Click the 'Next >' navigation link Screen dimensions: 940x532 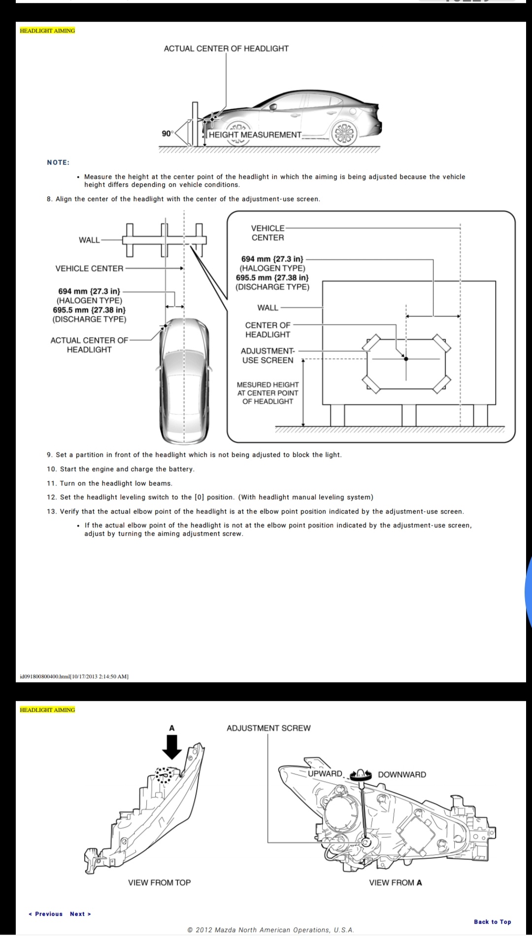pyautogui.click(x=80, y=914)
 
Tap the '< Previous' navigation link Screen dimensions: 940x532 pyautogui.click(x=46, y=914)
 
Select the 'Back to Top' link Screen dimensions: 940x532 pyautogui.click(x=492, y=922)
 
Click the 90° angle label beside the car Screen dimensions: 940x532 pyautogui.click(x=167, y=134)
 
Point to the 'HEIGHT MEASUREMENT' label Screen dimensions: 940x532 pyautogui.click(x=255, y=135)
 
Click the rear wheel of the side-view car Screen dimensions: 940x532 pyautogui.click(x=344, y=134)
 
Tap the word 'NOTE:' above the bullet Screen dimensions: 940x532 pyautogui.click(x=58, y=163)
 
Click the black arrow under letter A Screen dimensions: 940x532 pyautogui.click(x=172, y=747)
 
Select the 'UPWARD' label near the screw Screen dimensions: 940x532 pyautogui.click(x=325, y=773)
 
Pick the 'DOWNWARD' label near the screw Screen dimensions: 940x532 pyautogui.click(x=402, y=774)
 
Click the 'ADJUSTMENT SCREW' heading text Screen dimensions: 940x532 pyautogui.click(x=268, y=728)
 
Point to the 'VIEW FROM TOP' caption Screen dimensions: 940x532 pyautogui.click(x=159, y=882)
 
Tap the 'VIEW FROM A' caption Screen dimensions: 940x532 pyautogui.click(x=395, y=882)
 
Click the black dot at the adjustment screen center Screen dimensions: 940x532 pyautogui.click(x=406, y=359)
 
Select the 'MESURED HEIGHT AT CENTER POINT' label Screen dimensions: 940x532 pyautogui.click(x=267, y=393)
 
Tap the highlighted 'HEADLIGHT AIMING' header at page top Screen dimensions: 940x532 pyautogui.click(x=47, y=31)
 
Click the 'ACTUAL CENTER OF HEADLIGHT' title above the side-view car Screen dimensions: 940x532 pyautogui.click(x=226, y=48)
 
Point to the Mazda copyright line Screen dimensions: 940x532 pyautogui.click(x=270, y=930)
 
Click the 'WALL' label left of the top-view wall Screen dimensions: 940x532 pyautogui.click(x=89, y=240)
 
